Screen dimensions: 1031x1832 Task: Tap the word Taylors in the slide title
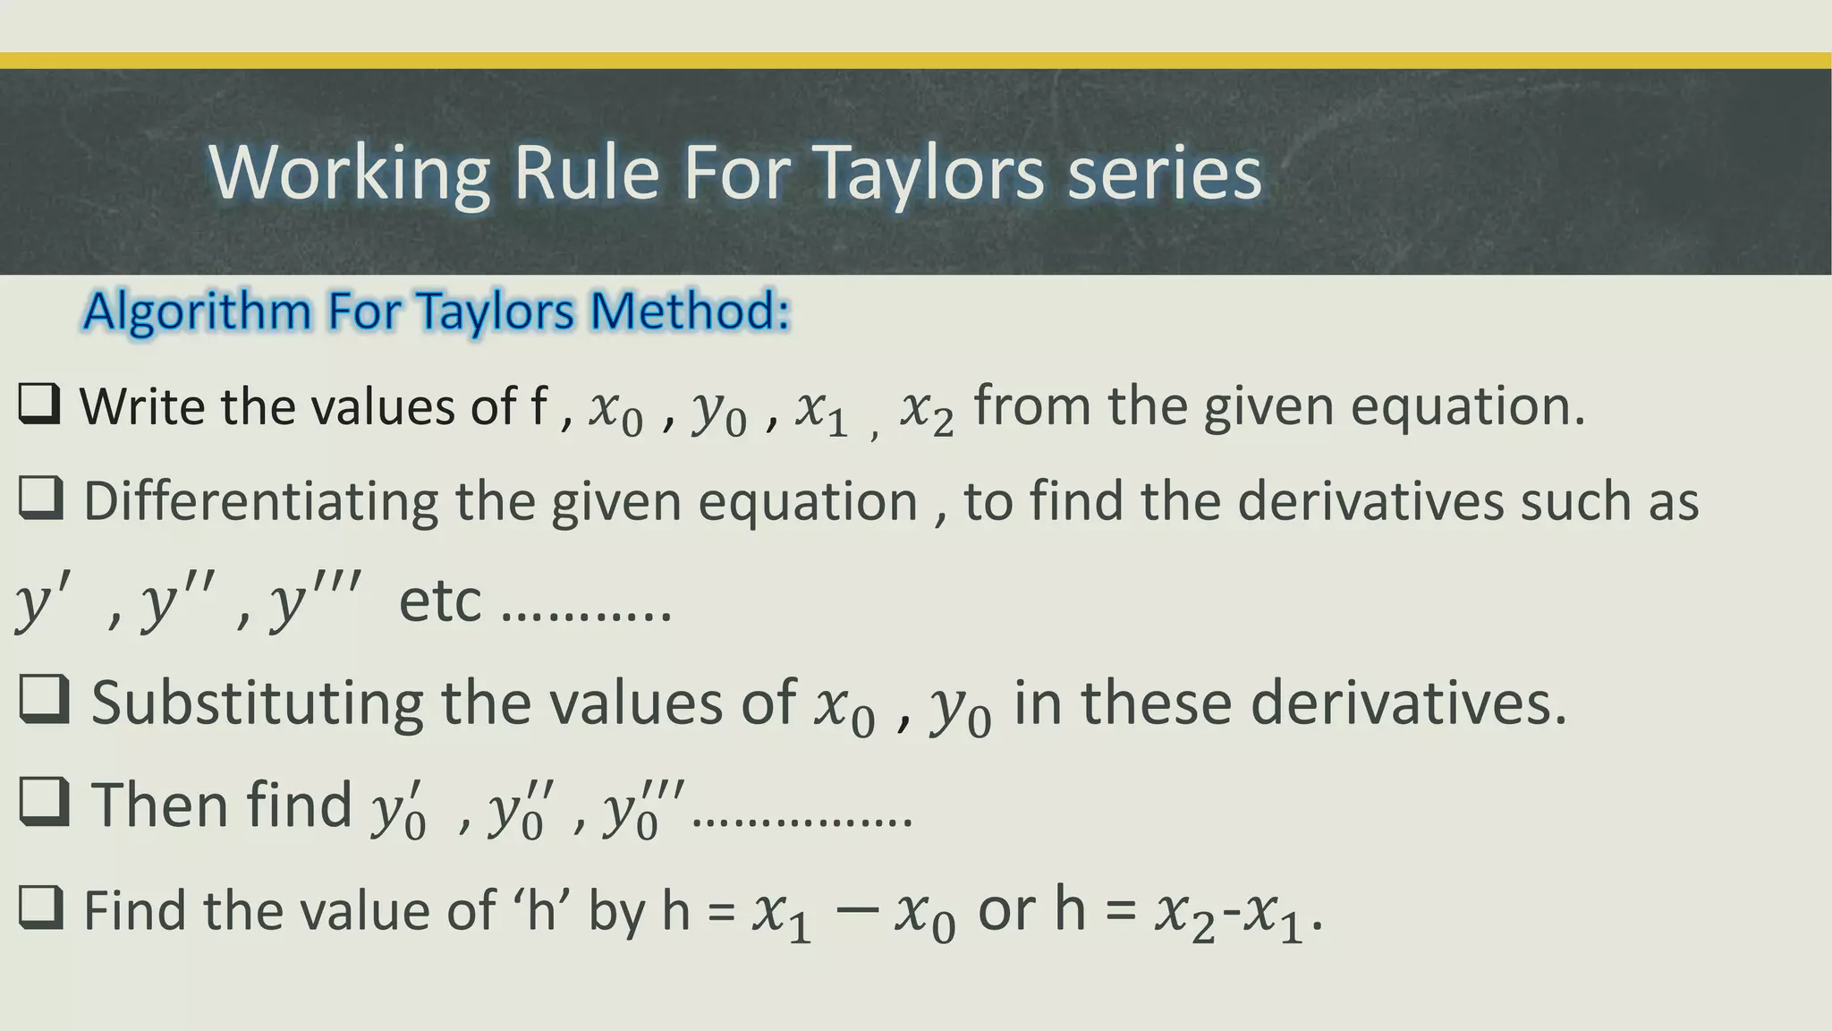[931, 173]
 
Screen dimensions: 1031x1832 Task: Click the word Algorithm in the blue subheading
[197, 311]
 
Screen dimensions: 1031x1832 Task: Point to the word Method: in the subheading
[690, 311]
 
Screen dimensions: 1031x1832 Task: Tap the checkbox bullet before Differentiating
[41, 498]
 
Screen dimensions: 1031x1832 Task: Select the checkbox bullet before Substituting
[44, 700]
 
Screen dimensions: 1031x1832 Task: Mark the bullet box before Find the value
[41, 907]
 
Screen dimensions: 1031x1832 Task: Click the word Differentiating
[260, 500]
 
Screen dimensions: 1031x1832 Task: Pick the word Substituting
[257, 703]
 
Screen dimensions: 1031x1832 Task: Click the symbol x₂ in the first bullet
[927, 411]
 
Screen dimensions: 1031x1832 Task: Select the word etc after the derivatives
[439, 601]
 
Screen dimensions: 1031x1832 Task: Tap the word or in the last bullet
[1006, 910]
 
